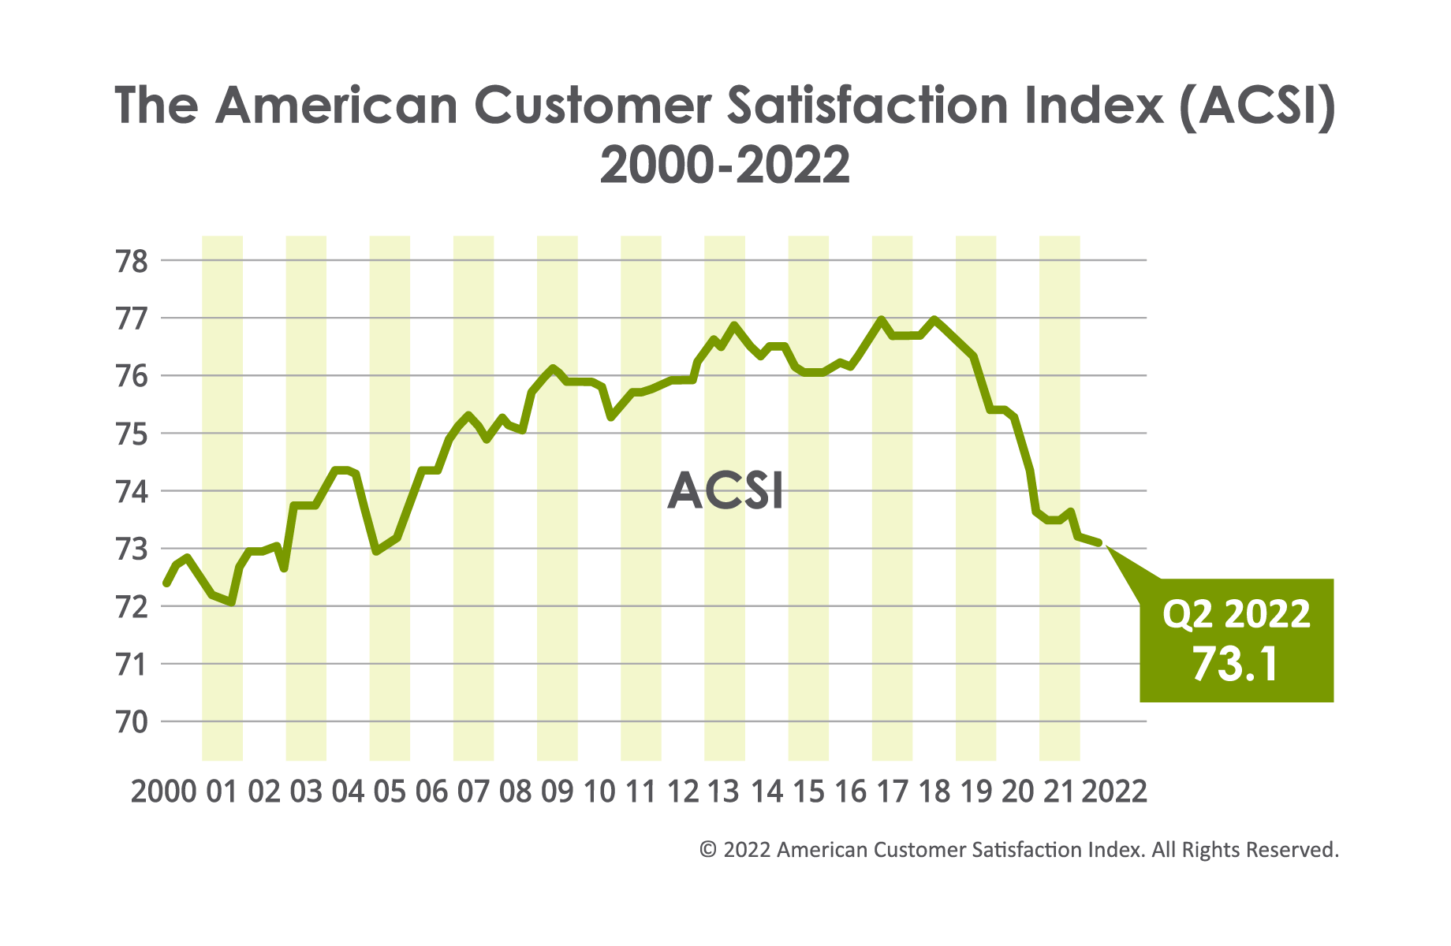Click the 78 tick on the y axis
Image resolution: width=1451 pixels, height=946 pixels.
(132, 261)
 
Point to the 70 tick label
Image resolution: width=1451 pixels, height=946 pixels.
(132, 722)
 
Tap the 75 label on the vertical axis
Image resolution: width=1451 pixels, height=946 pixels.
(132, 434)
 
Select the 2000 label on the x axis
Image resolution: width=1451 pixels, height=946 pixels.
(163, 791)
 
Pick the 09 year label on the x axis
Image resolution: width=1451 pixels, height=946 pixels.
(557, 791)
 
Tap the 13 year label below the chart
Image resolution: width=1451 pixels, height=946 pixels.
(723, 791)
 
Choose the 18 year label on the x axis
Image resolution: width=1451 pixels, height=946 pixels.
(934, 791)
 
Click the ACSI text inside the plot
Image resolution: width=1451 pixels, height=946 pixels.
(725, 492)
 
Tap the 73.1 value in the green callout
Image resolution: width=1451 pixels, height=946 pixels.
(1235, 665)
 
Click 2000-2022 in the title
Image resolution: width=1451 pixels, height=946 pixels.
(725, 165)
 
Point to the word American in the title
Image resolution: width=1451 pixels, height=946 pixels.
(336, 105)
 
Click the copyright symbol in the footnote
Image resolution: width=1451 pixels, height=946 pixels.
(708, 850)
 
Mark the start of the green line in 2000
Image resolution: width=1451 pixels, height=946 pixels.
(166, 584)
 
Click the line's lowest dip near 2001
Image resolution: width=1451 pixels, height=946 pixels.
(231, 603)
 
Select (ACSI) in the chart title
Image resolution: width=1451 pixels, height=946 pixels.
(1257, 105)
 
